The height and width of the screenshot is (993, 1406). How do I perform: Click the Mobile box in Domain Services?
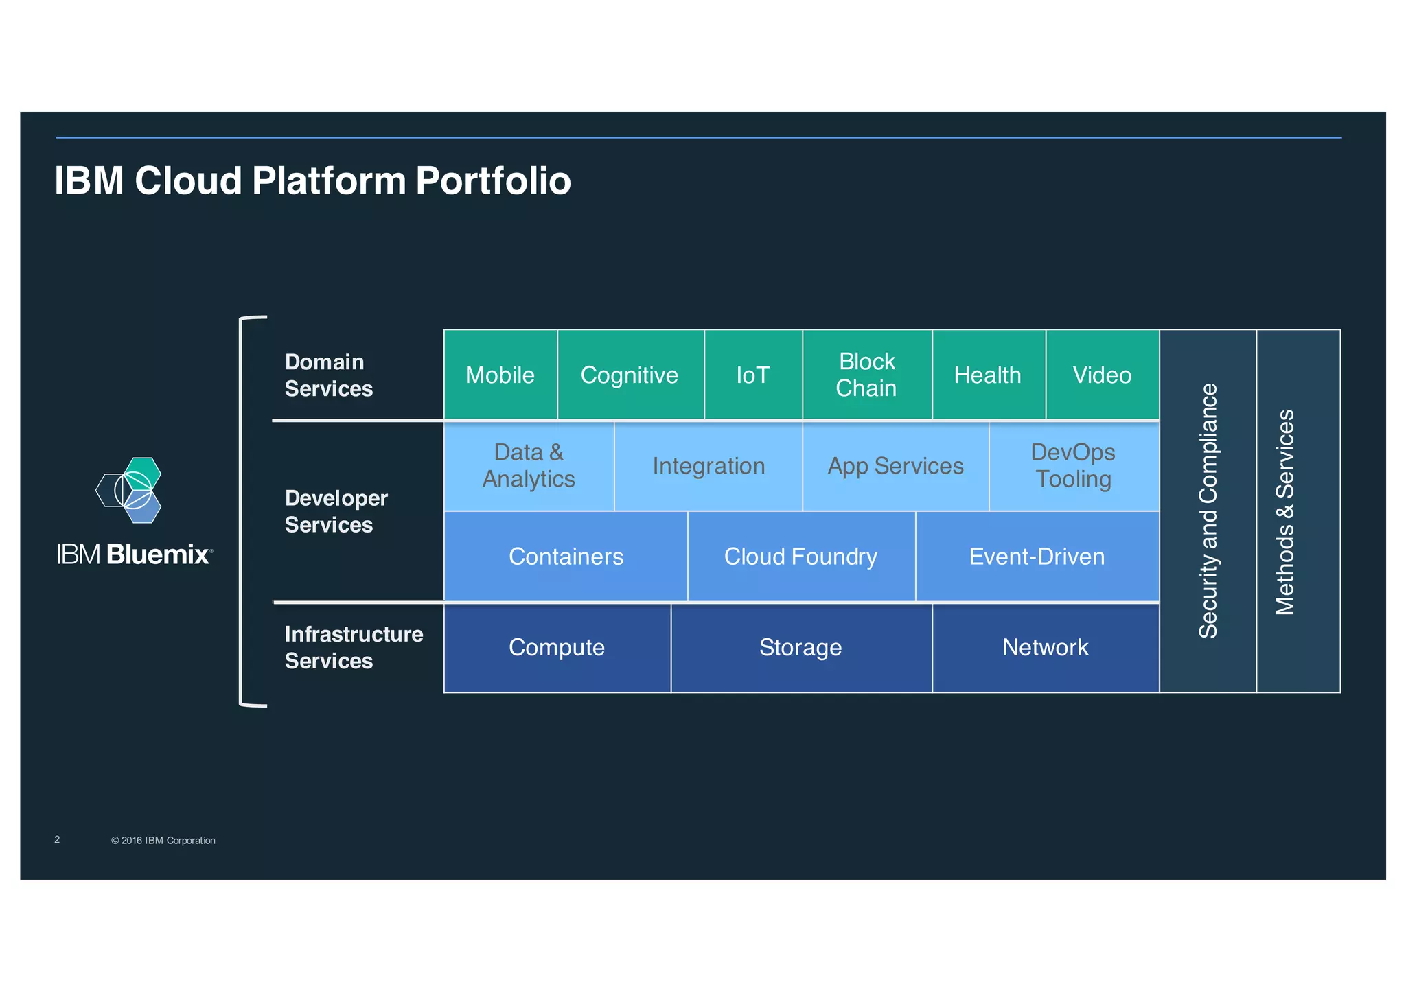coord(500,375)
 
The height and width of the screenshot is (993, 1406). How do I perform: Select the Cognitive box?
coord(630,375)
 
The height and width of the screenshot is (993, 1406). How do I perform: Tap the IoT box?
coord(753,375)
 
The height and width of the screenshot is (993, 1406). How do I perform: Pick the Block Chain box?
coord(866,375)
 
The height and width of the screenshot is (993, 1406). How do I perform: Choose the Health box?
coord(988,375)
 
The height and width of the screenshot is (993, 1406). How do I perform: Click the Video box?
coord(1102,375)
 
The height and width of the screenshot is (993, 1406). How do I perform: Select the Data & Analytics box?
coord(529,466)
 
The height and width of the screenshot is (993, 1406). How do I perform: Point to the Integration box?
coord(708,466)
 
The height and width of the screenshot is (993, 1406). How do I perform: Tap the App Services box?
coord(895,466)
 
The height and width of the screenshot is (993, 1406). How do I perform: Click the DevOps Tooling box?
coord(1073,466)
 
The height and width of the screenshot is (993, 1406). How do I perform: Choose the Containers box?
coord(566,557)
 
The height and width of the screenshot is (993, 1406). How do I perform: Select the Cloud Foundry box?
coord(800,557)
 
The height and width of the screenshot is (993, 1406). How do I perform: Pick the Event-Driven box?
coord(1037,557)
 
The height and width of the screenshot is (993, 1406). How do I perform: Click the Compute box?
coord(557,647)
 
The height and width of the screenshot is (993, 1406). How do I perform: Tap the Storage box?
coord(800,647)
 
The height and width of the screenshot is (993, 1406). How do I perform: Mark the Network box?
coord(1045,647)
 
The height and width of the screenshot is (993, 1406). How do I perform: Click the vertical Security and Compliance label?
coord(1208,511)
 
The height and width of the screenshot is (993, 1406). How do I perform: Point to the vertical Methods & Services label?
coord(1285,511)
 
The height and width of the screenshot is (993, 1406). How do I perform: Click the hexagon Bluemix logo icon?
coord(130,490)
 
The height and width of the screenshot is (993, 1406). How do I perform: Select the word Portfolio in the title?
coord(493,181)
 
